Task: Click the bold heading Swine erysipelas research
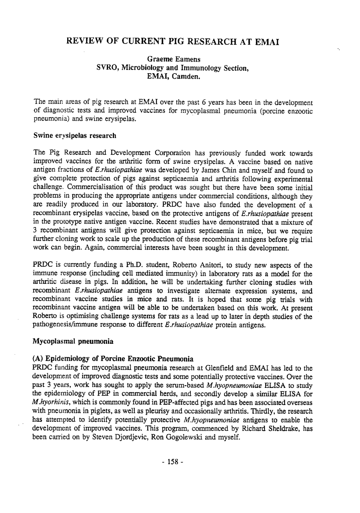click(x=76, y=136)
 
